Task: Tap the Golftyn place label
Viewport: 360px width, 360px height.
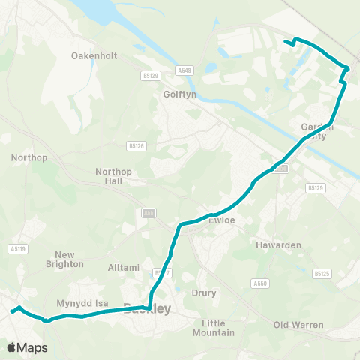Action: point(178,95)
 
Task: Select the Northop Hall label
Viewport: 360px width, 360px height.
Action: point(114,176)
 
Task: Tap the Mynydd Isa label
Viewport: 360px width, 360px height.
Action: point(83,303)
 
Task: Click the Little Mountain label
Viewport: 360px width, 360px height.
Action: point(218,327)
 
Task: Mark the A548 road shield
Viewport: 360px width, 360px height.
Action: point(185,70)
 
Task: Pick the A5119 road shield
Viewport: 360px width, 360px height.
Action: point(19,248)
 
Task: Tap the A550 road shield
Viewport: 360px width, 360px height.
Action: point(260,283)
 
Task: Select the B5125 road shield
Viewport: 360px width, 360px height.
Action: point(322,274)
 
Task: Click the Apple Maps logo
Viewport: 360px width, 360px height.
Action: point(27,347)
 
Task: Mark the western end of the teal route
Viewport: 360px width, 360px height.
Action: point(12,310)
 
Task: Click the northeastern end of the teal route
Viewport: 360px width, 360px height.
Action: point(286,40)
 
